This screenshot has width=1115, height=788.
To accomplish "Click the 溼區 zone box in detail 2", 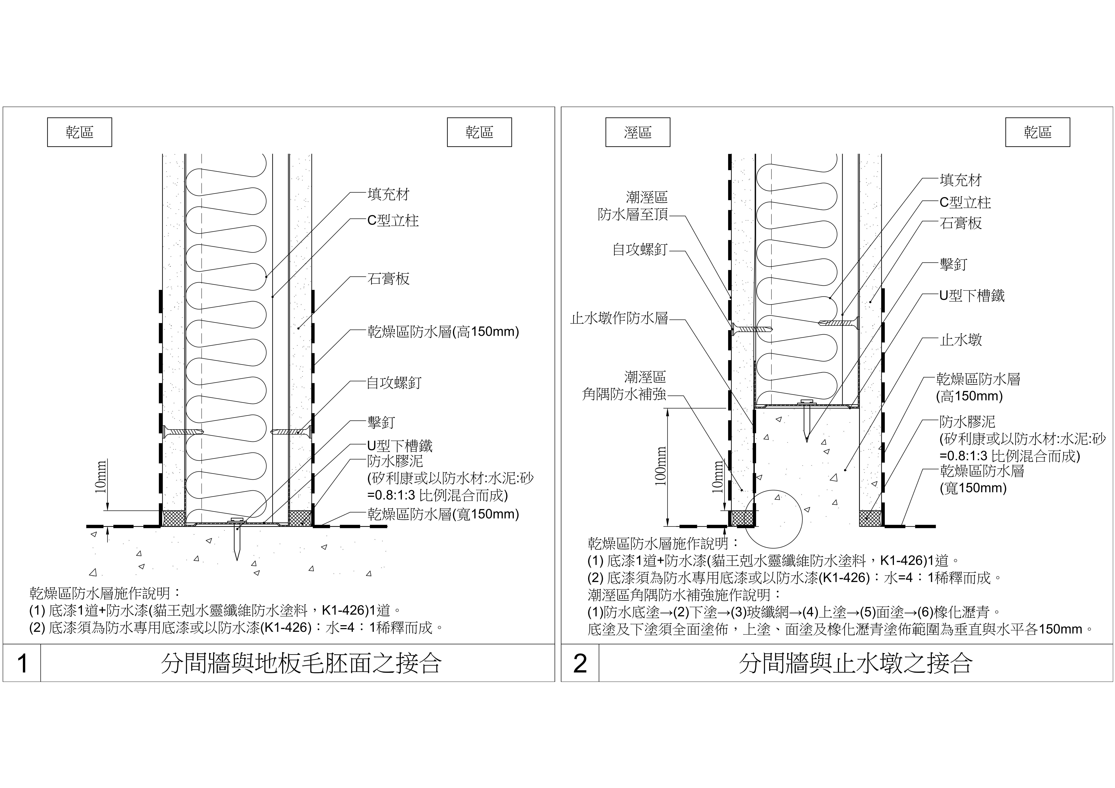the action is click(x=638, y=132).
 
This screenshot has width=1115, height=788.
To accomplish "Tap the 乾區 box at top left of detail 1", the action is click(x=80, y=132).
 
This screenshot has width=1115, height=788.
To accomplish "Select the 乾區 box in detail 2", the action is click(x=1038, y=132).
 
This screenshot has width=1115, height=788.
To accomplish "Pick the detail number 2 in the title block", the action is click(x=580, y=663).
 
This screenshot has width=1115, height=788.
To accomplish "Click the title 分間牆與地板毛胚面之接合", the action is click(x=301, y=663).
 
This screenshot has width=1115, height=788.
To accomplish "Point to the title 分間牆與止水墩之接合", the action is click(x=856, y=663).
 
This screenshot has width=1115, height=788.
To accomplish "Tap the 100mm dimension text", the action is click(x=660, y=466).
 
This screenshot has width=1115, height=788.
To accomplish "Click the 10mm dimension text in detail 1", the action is click(x=101, y=477).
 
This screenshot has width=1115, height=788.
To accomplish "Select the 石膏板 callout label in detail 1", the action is click(x=389, y=279).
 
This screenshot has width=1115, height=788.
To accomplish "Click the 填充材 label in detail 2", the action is click(x=961, y=180).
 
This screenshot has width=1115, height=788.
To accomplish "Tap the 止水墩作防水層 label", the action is click(x=619, y=319).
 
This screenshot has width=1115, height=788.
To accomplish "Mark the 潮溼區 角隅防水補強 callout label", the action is click(x=624, y=386).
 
